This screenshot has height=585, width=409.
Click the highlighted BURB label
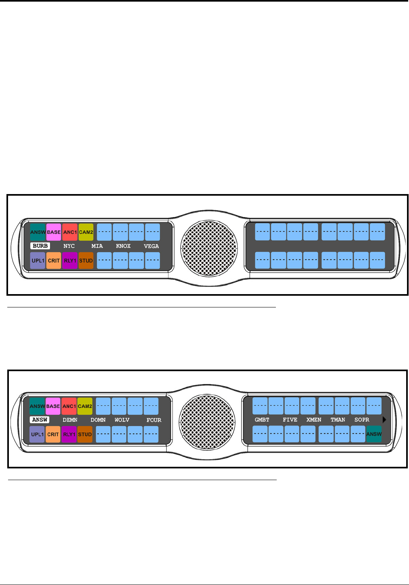(40, 246)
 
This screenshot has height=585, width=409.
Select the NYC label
(69, 246)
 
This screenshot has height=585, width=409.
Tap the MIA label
(97, 246)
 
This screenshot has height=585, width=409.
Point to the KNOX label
(123, 246)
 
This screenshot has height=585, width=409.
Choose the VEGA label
(151, 246)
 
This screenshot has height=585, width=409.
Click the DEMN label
(70, 420)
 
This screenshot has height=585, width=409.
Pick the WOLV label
(122, 420)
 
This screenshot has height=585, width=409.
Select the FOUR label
(154, 420)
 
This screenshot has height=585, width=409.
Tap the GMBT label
(262, 420)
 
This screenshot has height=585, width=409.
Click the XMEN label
(314, 420)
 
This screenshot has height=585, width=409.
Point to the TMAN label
(338, 420)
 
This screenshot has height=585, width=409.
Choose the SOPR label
(362, 420)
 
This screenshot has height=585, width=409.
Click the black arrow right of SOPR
(384, 420)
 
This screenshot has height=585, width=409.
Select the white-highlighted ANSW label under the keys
(40, 420)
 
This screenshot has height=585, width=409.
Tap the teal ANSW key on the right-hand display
(374, 434)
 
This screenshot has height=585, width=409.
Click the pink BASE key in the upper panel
(54, 232)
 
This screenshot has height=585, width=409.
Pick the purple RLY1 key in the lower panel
(69, 434)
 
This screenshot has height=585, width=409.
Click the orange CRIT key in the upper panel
(54, 260)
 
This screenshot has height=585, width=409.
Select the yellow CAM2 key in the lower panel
(85, 406)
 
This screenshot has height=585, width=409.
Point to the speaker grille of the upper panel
(209, 248)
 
